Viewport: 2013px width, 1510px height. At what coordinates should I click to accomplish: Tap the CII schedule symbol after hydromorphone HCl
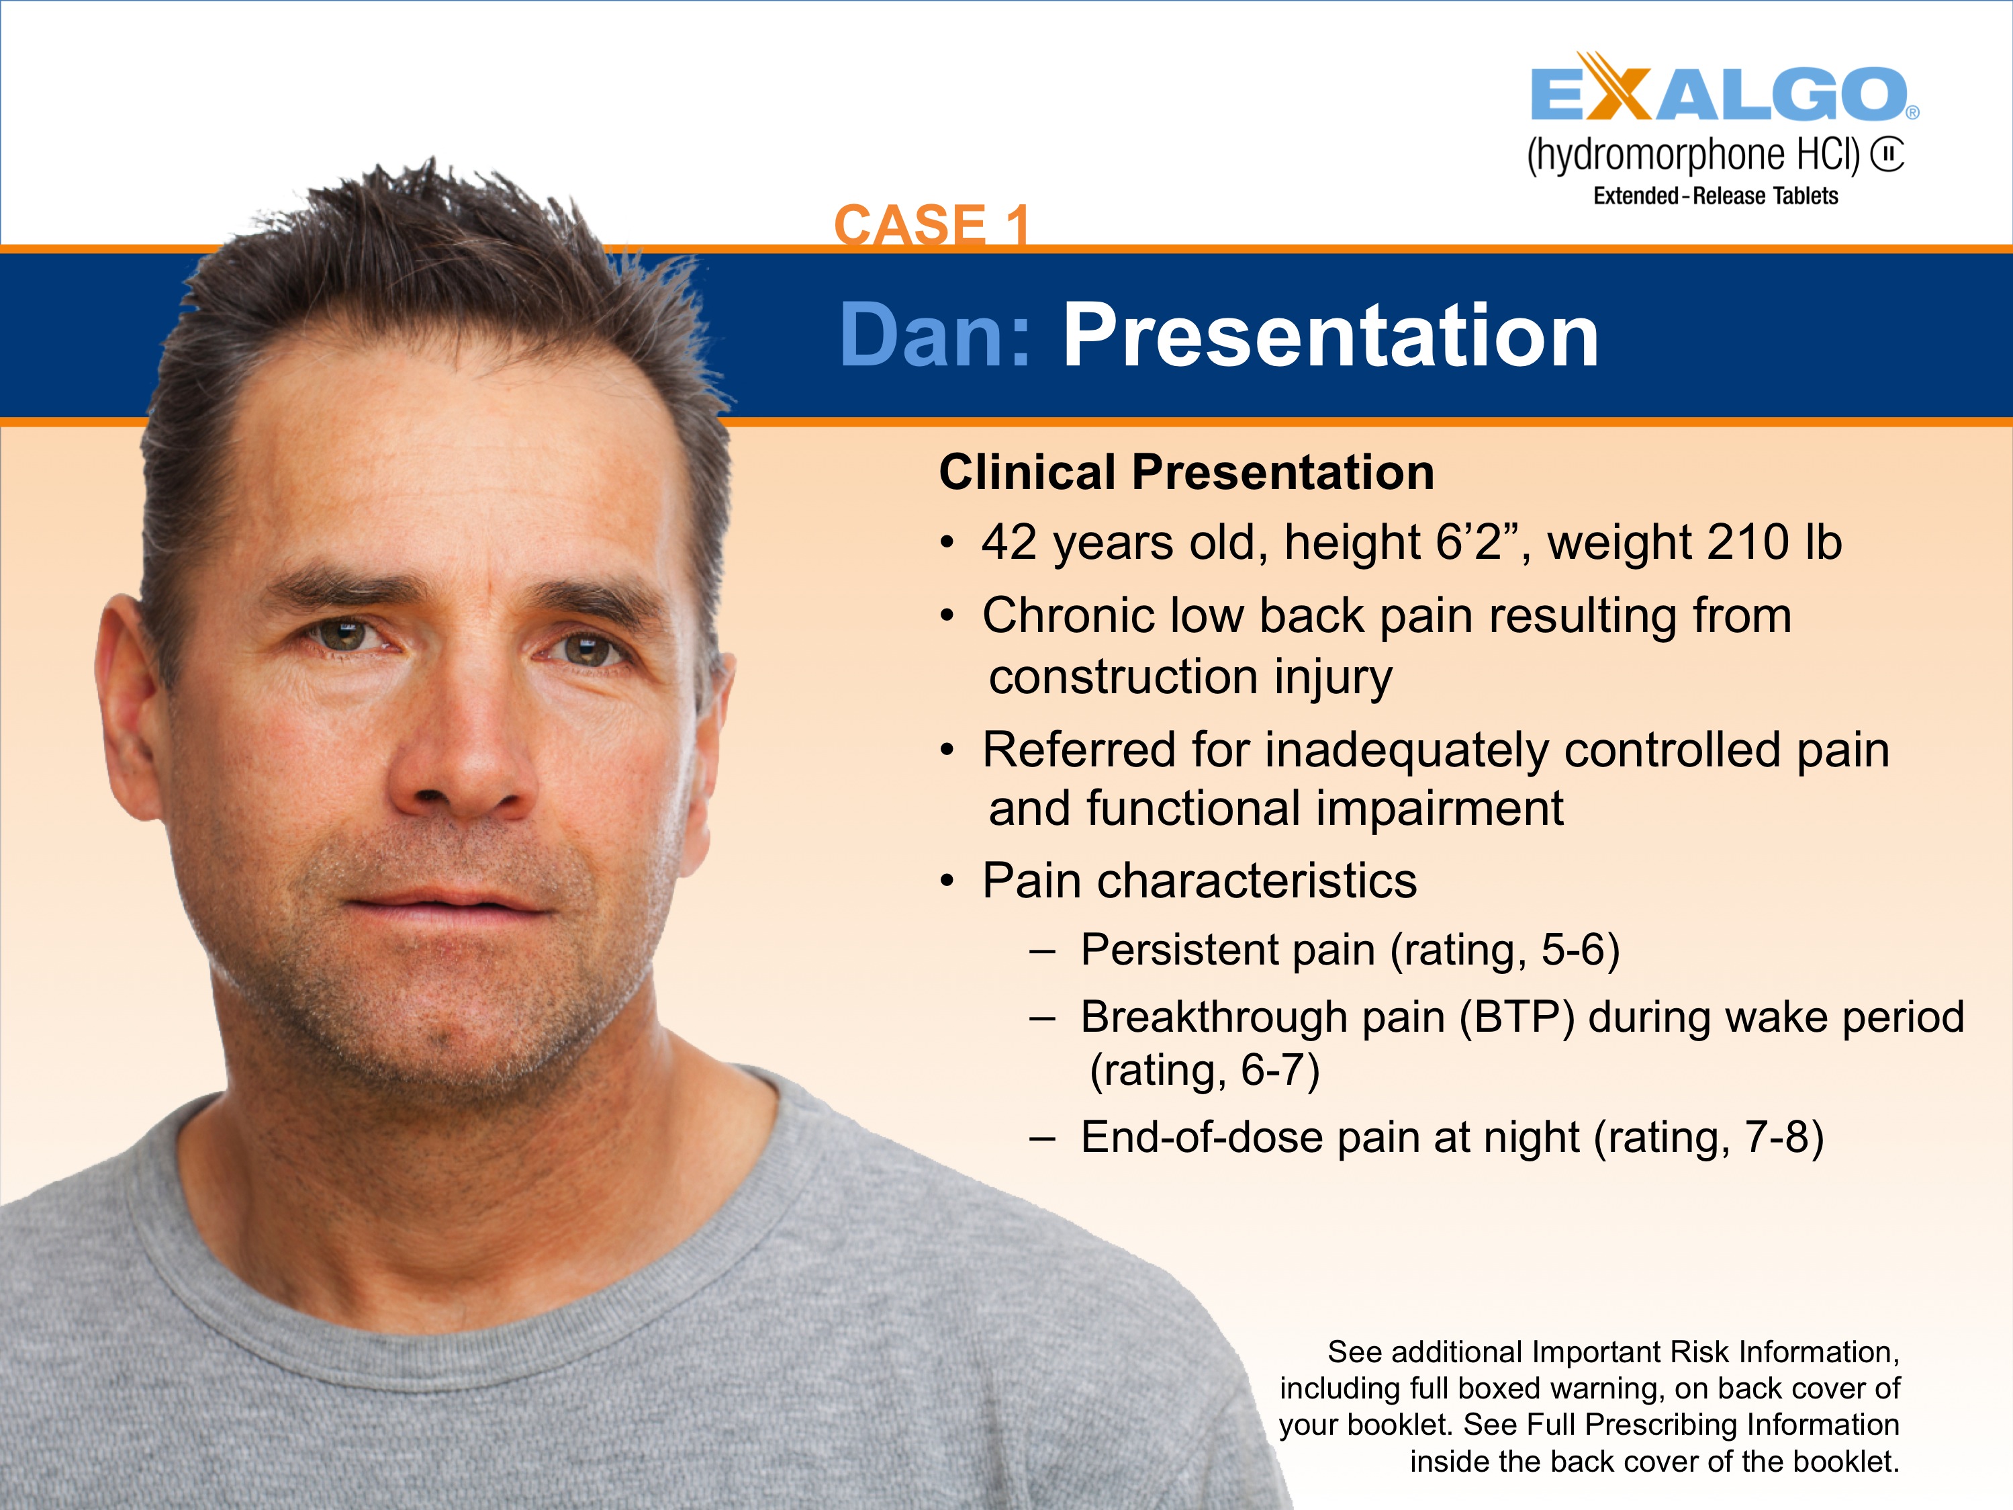[1887, 154]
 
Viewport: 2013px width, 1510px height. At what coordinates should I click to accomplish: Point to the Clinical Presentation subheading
[1186, 472]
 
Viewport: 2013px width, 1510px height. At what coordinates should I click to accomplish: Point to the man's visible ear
[128, 710]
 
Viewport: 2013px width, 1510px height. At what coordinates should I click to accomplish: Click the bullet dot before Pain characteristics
[947, 881]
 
